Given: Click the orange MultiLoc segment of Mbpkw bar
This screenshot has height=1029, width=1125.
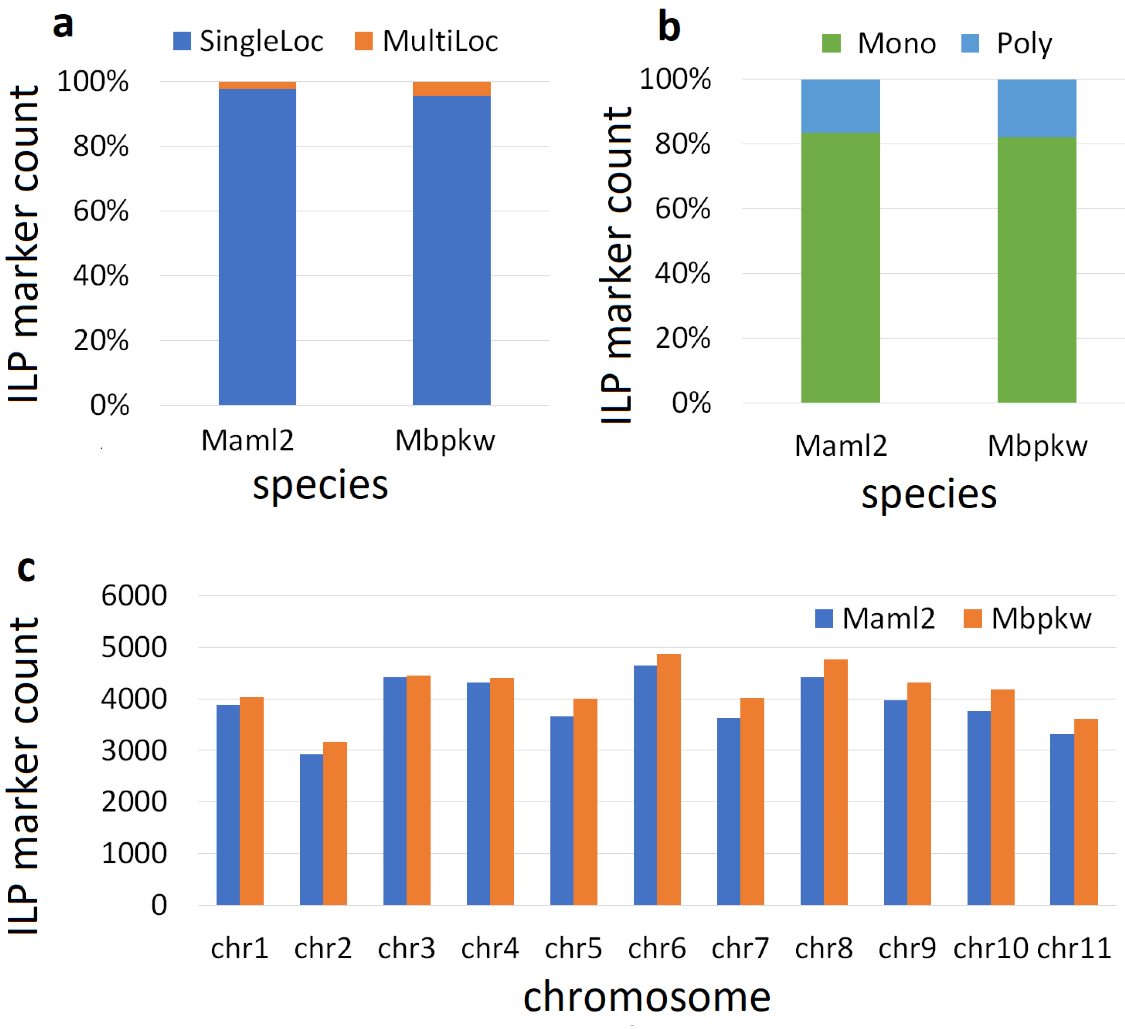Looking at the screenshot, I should [452, 89].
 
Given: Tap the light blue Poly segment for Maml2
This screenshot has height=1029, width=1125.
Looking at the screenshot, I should [840, 106].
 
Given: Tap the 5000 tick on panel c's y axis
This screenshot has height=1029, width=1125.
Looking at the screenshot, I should [134, 647].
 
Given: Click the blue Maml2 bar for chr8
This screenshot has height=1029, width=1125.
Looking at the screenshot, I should [812, 791].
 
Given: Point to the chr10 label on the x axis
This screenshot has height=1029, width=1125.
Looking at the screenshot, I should [990, 948].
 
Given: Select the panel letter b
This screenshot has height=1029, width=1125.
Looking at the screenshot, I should [669, 27].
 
